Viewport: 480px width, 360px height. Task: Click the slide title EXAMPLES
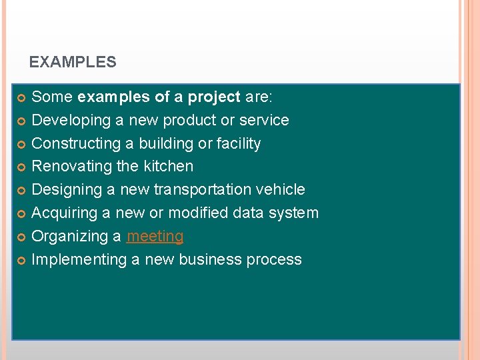click(x=73, y=63)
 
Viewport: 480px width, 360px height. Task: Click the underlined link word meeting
click(x=155, y=237)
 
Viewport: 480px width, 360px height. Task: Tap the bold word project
click(x=214, y=97)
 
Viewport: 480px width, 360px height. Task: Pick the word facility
click(x=238, y=143)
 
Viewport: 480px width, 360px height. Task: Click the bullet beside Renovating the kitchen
click(x=21, y=167)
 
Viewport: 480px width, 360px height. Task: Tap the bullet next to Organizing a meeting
click(x=21, y=237)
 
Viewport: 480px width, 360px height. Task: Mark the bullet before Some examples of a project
click(x=21, y=98)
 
